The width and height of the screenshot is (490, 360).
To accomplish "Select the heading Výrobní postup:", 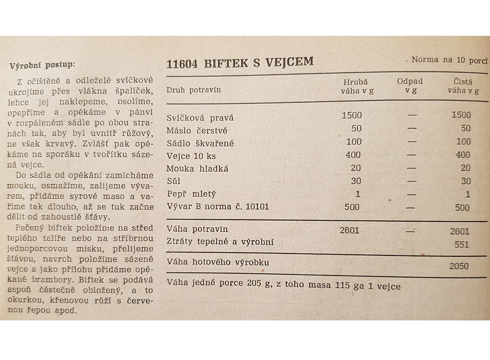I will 43,65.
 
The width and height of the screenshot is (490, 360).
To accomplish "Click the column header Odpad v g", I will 410,86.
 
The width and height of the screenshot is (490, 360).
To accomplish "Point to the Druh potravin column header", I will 194,90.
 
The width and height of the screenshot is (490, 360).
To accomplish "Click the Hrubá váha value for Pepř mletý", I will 358,194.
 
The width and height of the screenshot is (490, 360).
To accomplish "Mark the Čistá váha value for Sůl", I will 465,181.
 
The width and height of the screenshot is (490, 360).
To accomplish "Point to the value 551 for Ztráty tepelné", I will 461,245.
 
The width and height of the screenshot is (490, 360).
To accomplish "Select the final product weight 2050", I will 459,266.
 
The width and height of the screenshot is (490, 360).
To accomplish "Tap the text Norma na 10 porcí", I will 449,60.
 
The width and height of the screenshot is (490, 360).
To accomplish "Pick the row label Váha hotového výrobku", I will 217,262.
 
